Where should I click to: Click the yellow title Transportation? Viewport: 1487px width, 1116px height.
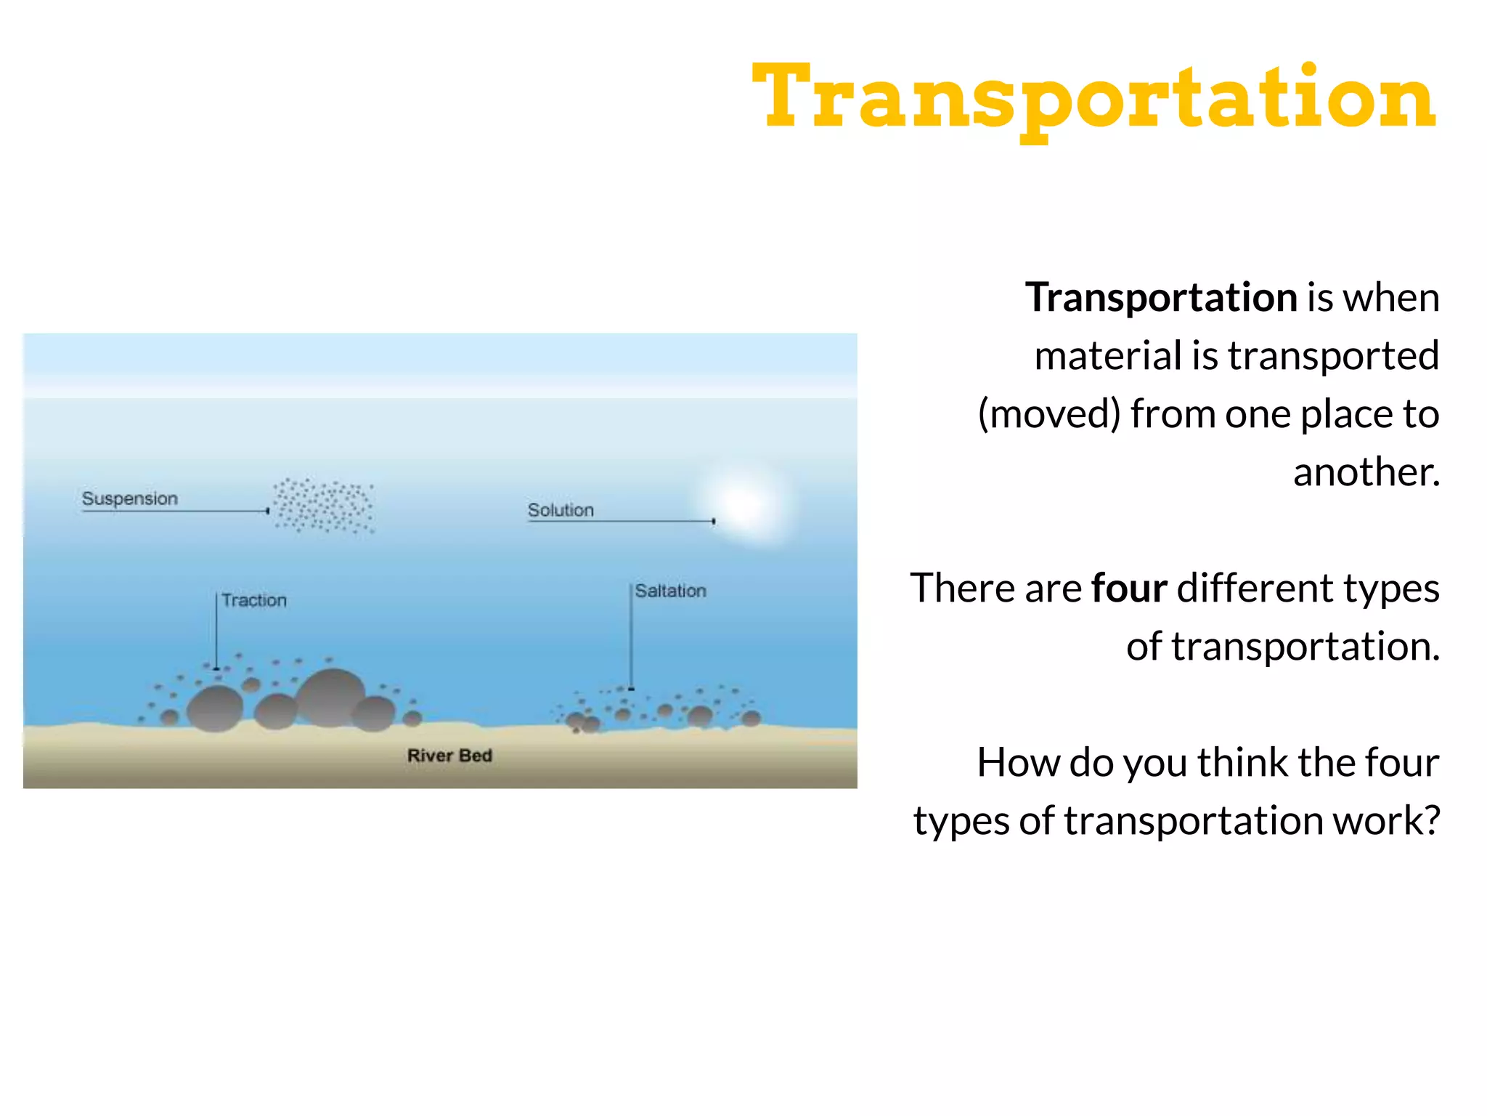point(1093,98)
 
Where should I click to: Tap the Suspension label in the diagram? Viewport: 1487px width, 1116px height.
point(129,498)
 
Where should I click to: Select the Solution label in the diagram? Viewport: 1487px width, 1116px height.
point(561,510)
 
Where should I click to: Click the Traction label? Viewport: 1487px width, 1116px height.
point(254,600)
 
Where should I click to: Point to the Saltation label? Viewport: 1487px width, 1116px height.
point(670,591)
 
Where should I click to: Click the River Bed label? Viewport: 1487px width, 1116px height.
point(449,756)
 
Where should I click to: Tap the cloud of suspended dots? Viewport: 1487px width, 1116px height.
point(323,506)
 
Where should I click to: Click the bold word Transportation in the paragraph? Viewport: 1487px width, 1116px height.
point(1161,298)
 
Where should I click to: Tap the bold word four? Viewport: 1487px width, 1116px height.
point(1129,588)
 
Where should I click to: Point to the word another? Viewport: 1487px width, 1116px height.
point(1366,472)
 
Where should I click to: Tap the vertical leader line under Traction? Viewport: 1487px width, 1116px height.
point(216,631)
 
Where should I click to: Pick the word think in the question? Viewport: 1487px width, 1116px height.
point(1242,763)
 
